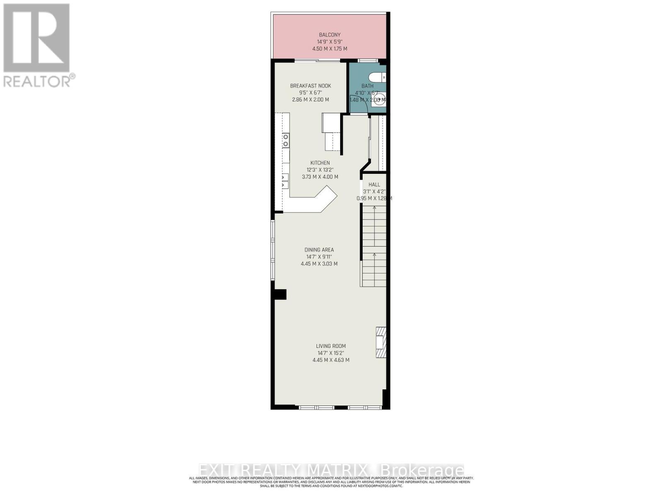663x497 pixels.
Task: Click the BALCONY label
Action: click(x=329, y=35)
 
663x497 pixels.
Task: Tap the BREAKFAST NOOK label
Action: click(x=310, y=86)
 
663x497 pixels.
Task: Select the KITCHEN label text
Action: click(x=320, y=163)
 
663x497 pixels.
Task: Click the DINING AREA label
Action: click(x=319, y=250)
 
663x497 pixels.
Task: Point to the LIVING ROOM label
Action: click(x=330, y=346)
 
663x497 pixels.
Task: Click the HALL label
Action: click(x=374, y=185)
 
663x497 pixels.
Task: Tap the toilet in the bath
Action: click(x=377, y=77)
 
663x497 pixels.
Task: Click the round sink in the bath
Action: click(x=380, y=99)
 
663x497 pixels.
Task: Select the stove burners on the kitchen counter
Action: click(x=286, y=140)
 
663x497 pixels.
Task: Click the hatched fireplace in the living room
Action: click(x=381, y=342)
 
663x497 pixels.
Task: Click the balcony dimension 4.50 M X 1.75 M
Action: click(x=329, y=49)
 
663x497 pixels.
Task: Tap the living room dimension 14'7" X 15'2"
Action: click(x=330, y=353)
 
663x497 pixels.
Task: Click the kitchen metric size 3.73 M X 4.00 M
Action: click(x=320, y=177)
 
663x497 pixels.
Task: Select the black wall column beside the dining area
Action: click(x=280, y=294)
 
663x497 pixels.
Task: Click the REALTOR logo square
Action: click(x=36, y=38)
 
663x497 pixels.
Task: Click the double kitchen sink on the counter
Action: click(x=285, y=181)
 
